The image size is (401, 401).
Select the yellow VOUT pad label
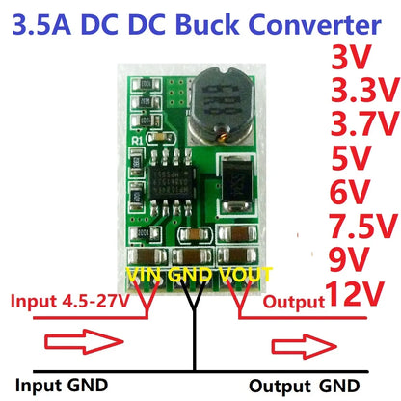(x=248, y=275)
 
